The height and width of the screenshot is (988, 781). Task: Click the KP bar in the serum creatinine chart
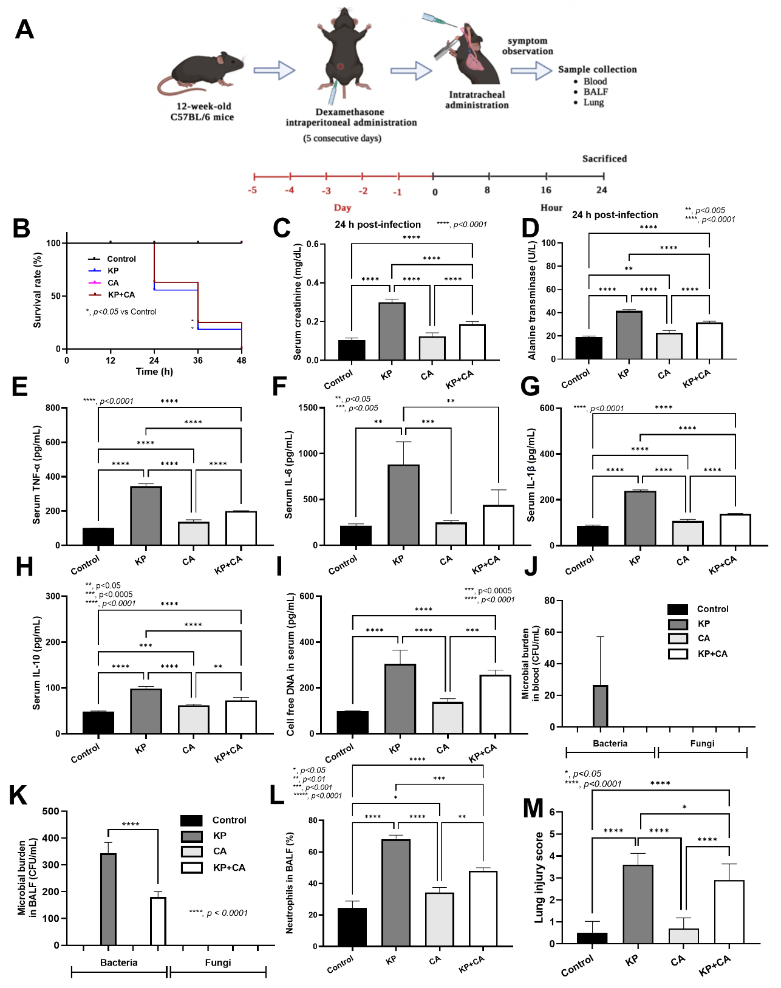pos(392,331)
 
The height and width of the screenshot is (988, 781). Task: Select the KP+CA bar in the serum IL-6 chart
pos(498,525)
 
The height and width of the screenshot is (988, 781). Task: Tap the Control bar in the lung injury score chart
pos(592,938)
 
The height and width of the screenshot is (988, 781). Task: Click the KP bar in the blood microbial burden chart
pos(600,706)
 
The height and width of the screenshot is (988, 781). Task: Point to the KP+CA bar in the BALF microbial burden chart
pos(158,921)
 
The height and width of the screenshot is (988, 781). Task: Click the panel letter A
pos(24,29)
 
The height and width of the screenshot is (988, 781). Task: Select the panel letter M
pos(533,808)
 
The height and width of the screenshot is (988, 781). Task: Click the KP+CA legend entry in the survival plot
pos(121,295)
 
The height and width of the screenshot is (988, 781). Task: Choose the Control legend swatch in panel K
pos(191,820)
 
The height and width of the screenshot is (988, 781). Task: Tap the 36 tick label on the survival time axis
pos(198,361)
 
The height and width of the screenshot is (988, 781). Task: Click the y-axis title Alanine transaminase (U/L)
pos(532,300)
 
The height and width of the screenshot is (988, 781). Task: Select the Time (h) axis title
pos(154,372)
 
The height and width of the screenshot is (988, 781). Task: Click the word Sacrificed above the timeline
pos(604,158)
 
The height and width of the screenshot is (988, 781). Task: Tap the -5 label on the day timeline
pos(253,191)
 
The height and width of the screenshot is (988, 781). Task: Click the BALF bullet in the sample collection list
pos(595,92)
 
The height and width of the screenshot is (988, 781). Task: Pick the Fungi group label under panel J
pos(702,743)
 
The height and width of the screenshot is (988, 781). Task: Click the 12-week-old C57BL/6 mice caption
pos(202,112)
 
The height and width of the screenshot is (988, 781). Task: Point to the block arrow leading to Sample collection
pos(531,70)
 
